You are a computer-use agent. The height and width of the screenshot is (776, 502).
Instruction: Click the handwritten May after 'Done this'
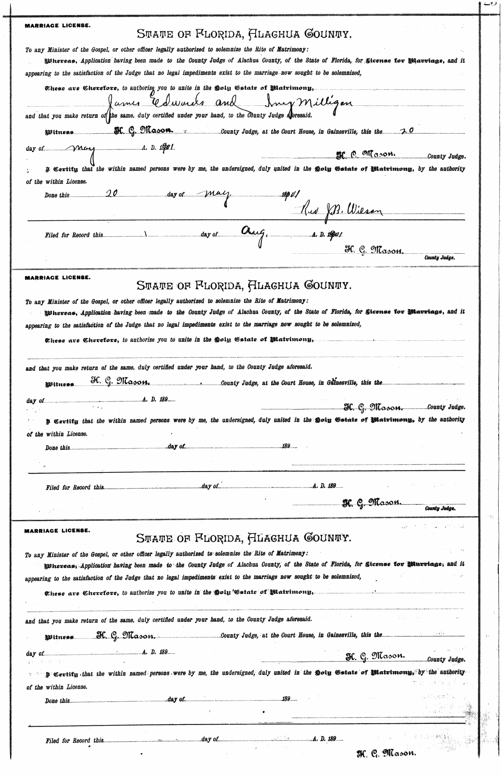click(218, 194)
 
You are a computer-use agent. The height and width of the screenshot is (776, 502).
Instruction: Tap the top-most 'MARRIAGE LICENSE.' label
click(57, 25)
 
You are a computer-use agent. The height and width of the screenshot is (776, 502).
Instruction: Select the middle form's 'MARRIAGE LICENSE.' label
click(57, 277)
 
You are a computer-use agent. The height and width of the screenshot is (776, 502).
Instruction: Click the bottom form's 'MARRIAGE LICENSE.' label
click(57, 531)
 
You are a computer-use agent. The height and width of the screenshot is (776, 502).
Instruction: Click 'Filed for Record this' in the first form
click(74, 235)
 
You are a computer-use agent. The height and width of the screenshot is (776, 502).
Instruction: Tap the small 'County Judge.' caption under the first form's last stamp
click(439, 258)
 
